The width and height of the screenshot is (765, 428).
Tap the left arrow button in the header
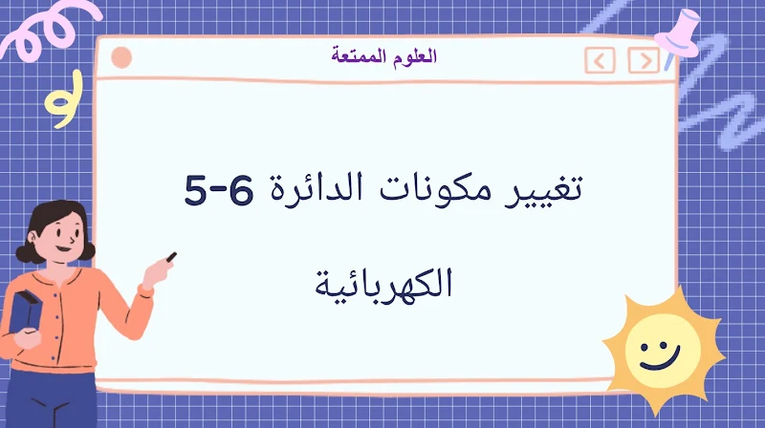click(600, 62)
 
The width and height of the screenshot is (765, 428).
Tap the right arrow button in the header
click(644, 62)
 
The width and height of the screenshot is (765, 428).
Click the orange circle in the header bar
click(121, 58)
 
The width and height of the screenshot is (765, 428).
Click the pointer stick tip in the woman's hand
click(171, 256)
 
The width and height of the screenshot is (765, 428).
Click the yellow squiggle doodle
click(63, 107)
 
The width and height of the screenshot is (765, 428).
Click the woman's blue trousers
click(67, 401)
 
